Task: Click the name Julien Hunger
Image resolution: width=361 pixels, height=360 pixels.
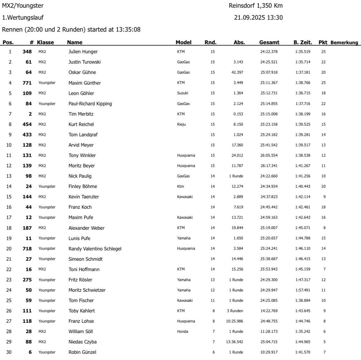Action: pos(83,52)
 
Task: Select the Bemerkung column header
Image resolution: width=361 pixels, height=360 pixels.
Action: pos(344,42)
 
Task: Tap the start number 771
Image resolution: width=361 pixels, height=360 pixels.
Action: pos(27,83)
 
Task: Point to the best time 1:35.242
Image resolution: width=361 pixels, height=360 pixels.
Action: pos(303,331)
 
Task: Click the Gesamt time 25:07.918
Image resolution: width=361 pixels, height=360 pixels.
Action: pos(269,72)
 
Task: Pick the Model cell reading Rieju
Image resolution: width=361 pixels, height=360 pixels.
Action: pos(181,124)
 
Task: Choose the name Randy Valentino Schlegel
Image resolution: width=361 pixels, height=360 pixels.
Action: pos(95,249)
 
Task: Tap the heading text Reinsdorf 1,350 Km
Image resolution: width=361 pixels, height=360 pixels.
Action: pos(256,6)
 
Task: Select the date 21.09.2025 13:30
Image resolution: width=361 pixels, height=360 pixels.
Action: pos(258,17)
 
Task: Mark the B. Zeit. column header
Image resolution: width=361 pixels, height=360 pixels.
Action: pos(303,42)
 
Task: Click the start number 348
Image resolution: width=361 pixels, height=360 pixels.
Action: pos(27,52)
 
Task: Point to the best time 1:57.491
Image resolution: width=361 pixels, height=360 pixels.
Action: pos(303,290)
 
